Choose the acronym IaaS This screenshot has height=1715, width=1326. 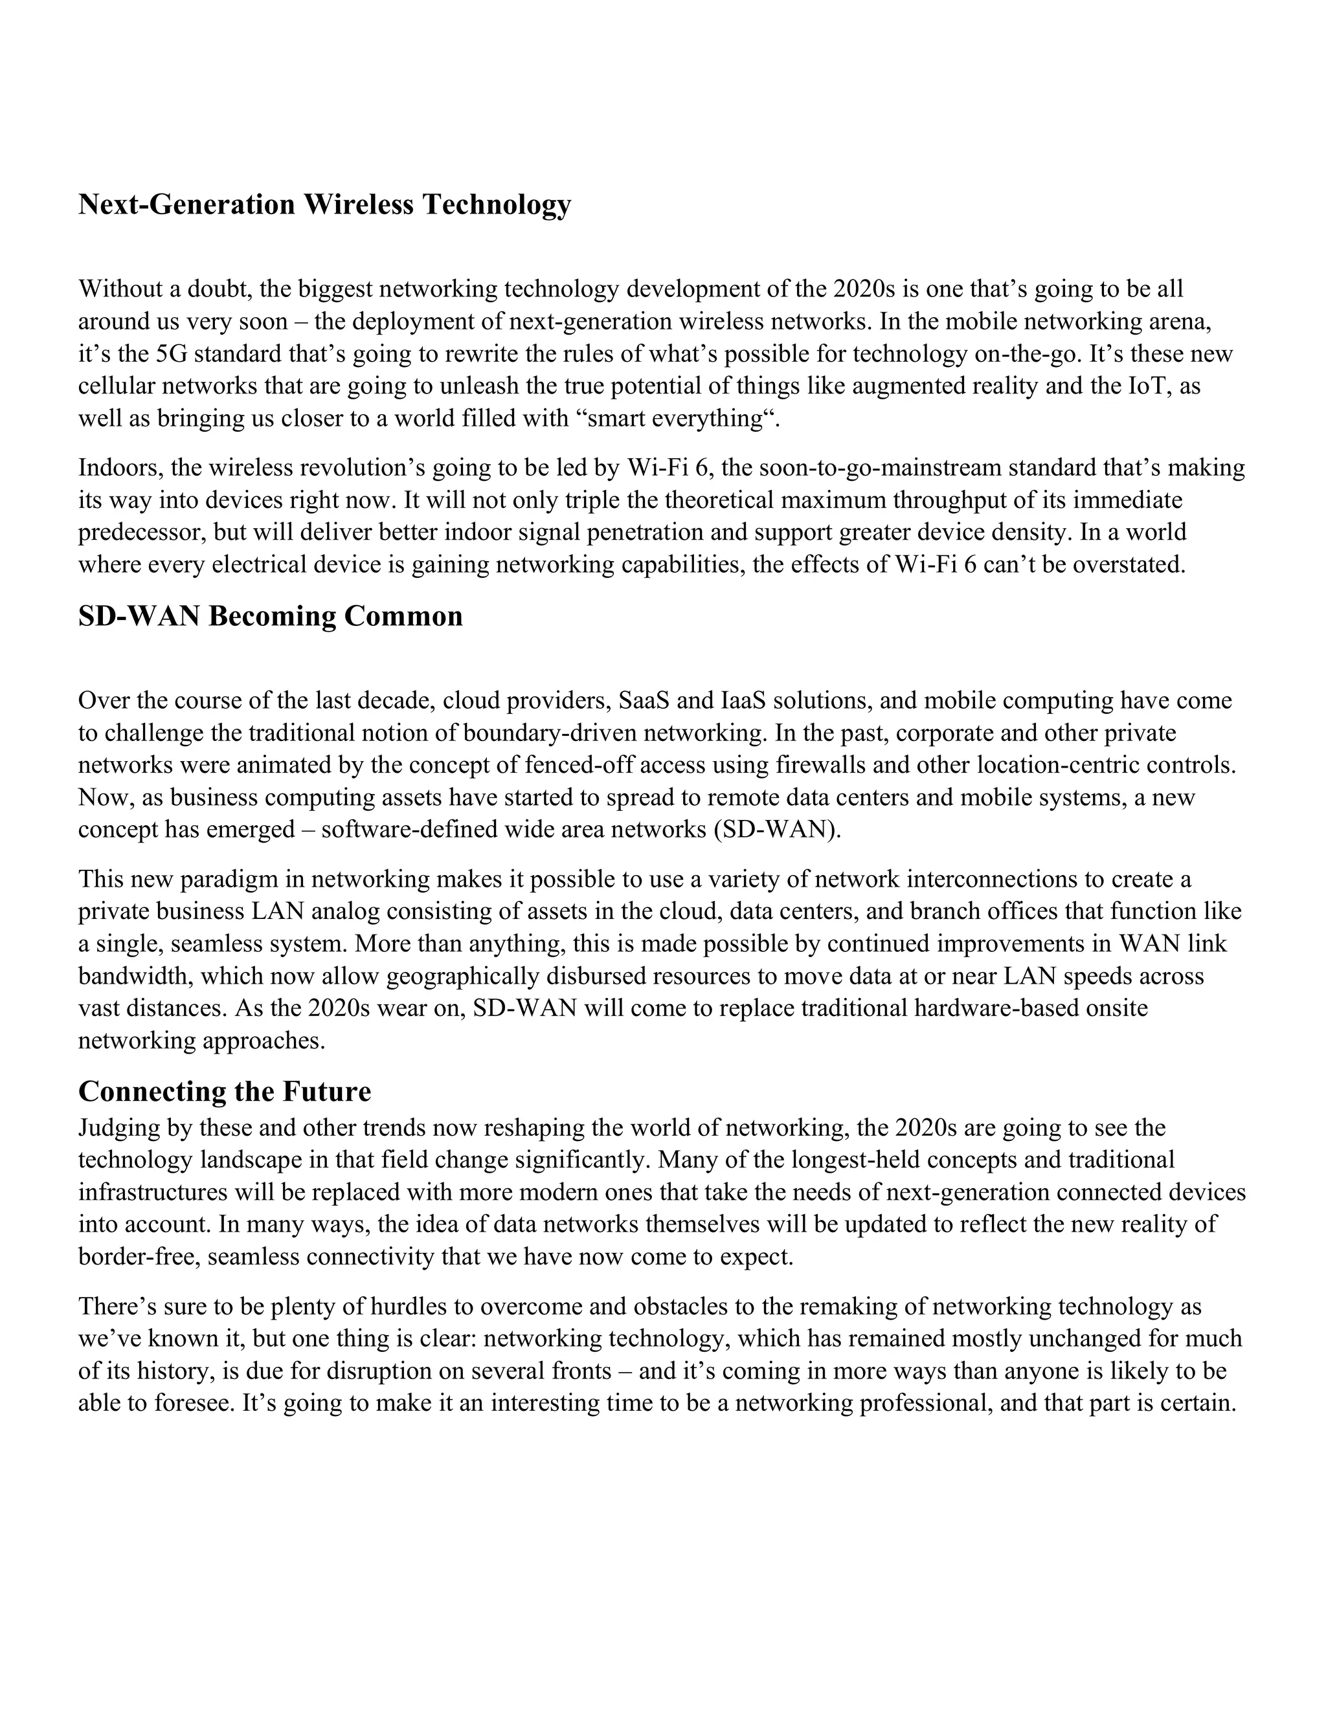coord(743,700)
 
